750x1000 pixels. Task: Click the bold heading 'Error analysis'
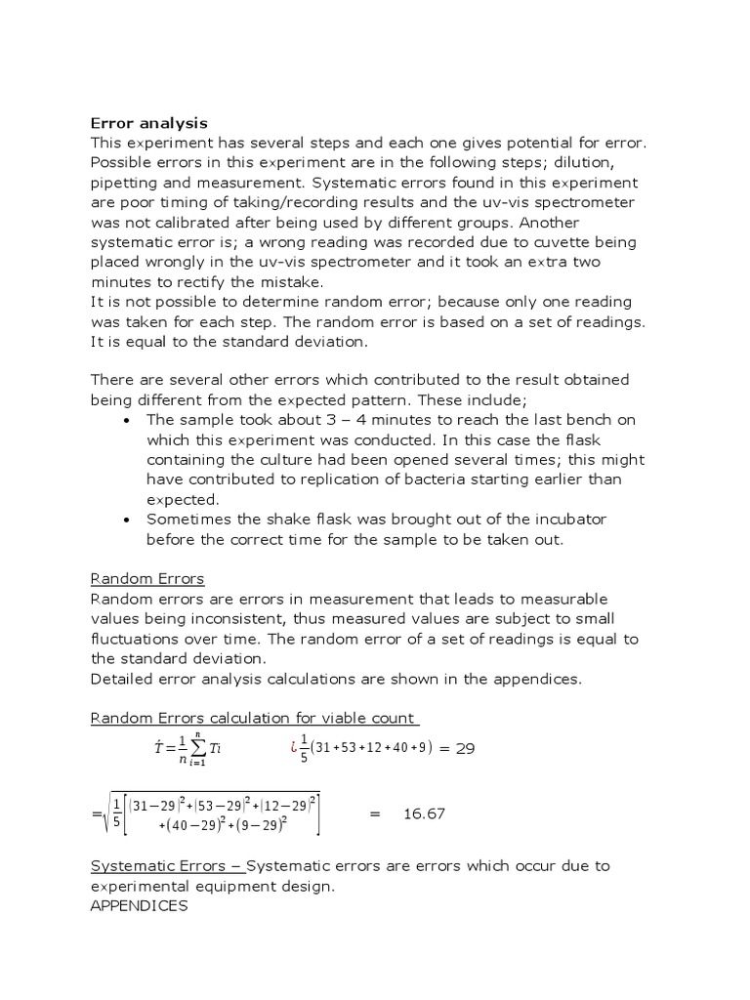148,123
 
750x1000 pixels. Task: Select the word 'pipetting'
122,182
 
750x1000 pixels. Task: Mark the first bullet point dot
129,420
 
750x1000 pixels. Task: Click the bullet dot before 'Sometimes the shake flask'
129,520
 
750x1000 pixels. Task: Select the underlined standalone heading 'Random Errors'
147,579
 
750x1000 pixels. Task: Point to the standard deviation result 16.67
424,812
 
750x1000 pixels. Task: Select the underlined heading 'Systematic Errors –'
166,865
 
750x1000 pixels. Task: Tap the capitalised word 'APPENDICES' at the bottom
140,905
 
